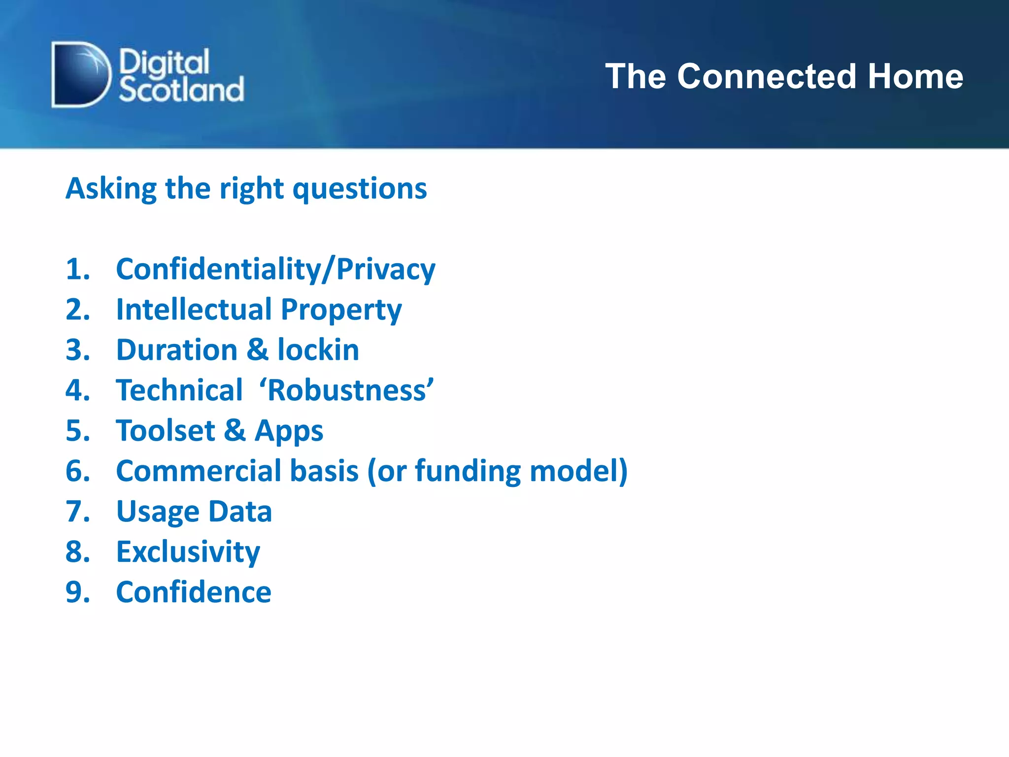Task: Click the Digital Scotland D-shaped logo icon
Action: point(80,74)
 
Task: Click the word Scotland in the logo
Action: point(181,90)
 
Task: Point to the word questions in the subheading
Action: point(360,189)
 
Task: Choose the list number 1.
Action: point(77,269)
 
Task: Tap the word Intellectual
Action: point(194,310)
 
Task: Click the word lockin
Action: point(318,350)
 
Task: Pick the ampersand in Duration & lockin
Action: point(257,350)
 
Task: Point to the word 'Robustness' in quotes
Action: point(346,390)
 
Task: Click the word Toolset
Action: point(166,431)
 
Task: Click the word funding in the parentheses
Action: point(468,471)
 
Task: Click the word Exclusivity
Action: point(188,552)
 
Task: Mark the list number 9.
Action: point(77,592)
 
